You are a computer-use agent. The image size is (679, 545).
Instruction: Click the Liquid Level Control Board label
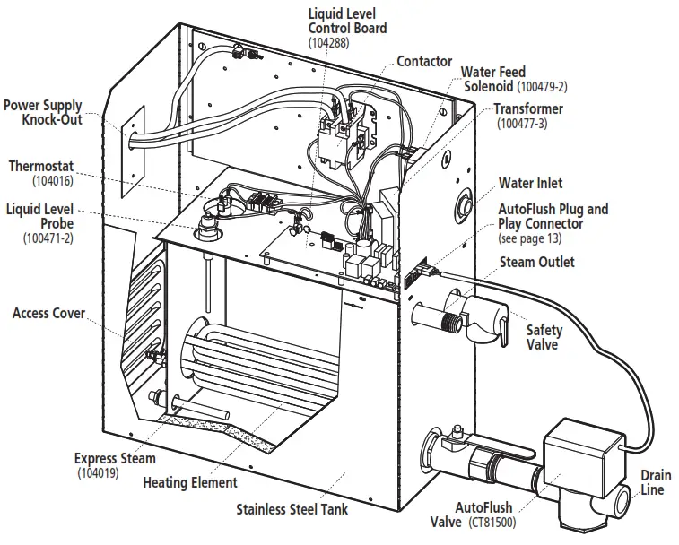347,21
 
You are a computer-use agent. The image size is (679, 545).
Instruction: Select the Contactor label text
423,61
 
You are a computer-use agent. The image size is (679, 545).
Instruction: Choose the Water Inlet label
531,183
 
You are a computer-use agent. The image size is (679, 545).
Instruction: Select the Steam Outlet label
538,262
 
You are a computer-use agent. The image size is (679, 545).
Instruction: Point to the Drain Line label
655,482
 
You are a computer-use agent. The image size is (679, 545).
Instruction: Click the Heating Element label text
190,482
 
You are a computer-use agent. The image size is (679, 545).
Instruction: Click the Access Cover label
48,314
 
